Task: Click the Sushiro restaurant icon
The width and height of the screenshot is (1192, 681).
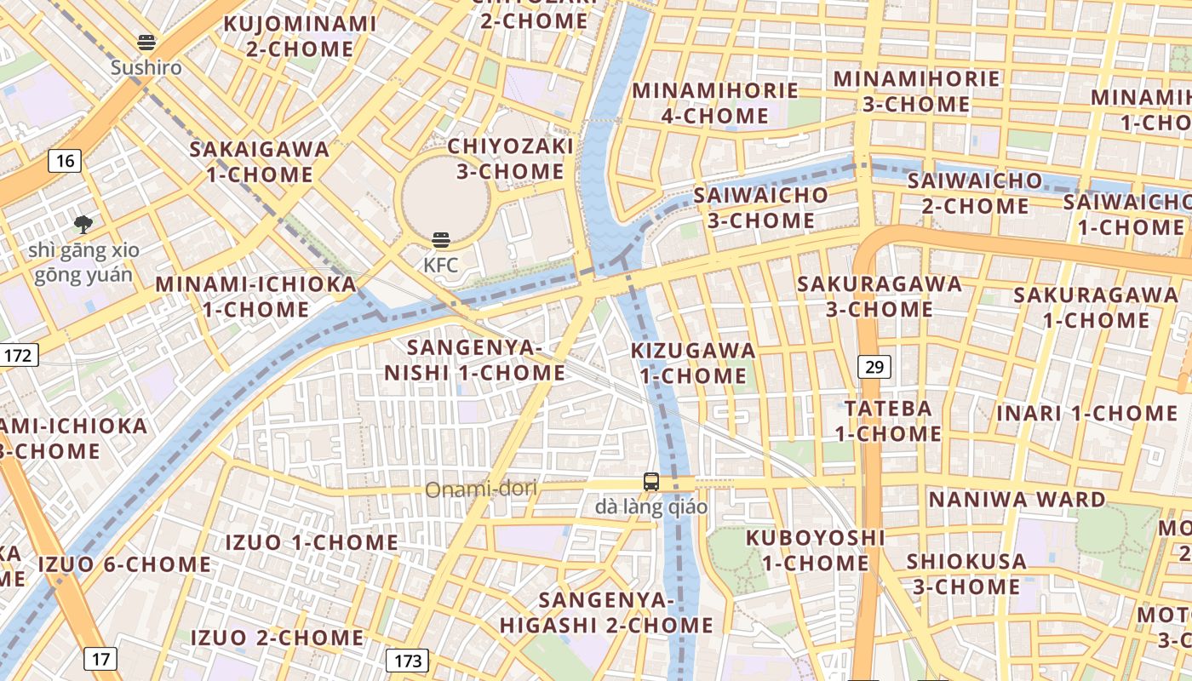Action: tap(146, 43)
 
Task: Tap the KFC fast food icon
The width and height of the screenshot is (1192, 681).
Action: tap(440, 240)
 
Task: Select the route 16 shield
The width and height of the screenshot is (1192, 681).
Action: tap(65, 160)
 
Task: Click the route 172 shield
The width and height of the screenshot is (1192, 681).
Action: tap(19, 354)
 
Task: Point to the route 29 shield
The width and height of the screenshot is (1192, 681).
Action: tap(874, 367)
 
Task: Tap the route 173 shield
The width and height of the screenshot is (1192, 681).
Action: tap(407, 660)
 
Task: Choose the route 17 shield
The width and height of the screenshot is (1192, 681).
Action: tap(100, 658)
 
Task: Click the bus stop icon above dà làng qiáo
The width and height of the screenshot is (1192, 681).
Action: tap(651, 482)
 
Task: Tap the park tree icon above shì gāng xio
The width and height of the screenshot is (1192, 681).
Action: tap(83, 225)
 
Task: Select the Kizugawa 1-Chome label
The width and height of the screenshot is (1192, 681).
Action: tap(693, 363)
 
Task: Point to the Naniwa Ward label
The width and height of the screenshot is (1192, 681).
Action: tap(1017, 499)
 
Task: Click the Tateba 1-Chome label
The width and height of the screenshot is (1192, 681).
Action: tap(887, 421)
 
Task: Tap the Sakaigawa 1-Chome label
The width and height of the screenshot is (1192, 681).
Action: tap(259, 162)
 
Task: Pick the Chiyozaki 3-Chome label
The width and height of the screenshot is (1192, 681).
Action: tap(510, 158)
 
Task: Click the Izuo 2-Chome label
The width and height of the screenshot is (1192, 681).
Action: tap(277, 637)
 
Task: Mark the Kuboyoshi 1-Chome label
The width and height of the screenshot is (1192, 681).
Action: tap(815, 550)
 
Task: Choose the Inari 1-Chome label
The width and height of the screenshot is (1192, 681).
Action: tap(1087, 414)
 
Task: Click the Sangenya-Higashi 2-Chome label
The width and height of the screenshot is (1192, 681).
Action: tap(606, 612)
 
